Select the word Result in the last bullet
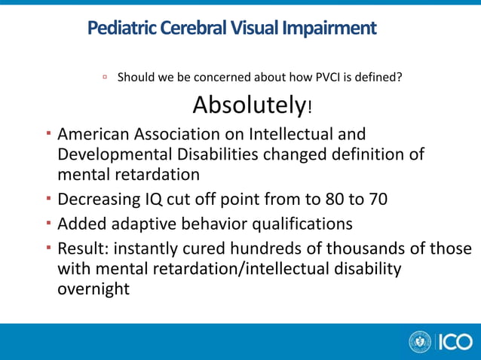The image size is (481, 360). [x=81, y=249]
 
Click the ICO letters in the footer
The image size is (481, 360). [x=454, y=342]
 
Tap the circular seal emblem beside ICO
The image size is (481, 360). [x=420, y=342]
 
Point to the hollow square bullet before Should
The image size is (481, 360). [x=106, y=77]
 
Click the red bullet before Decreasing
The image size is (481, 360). [x=47, y=200]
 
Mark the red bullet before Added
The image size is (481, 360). [x=47, y=224]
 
